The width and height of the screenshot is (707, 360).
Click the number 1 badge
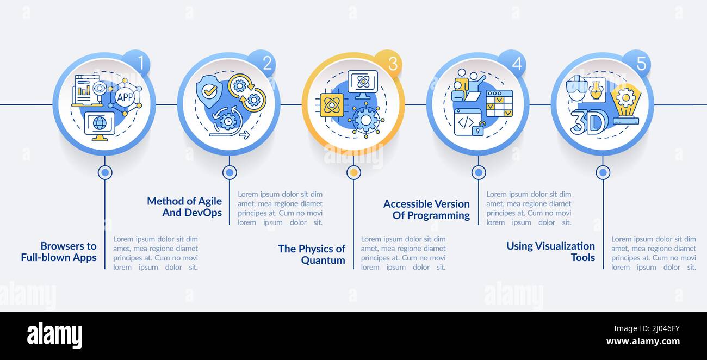tap(137, 63)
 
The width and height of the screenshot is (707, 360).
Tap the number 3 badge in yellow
tap(388, 63)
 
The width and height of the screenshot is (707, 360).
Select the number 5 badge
tap(636, 63)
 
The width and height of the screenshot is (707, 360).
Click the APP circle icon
tap(125, 97)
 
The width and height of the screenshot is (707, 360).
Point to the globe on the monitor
tap(100, 123)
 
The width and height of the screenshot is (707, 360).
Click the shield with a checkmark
tap(209, 91)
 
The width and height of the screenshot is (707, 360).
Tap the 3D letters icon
tap(588, 122)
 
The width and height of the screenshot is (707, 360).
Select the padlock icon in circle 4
tap(479, 129)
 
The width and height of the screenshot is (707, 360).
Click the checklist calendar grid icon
tap(499, 103)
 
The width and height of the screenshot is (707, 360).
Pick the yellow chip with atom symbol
tap(332, 105)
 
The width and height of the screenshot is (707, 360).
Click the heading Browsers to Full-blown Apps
tap(59, 252)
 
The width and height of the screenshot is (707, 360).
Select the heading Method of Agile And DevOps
tap(184, 207)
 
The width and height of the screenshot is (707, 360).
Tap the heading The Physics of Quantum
tap(312, 255)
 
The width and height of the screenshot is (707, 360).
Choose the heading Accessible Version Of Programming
tap(426, 209)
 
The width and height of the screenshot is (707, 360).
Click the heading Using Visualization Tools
tap(551, 251)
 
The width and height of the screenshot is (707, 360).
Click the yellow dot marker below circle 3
tap(354, 172)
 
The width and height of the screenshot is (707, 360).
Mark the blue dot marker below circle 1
tap(105, 172)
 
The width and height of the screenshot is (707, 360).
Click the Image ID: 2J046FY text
tap(647, 329)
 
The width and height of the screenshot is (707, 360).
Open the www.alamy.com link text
tap(643, 341)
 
